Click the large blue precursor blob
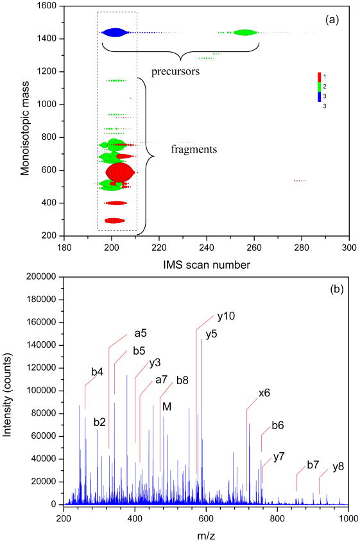tap(114, 32)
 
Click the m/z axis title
tap(205, 533)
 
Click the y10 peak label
tap(225, 318)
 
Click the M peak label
tap(167, 406)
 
